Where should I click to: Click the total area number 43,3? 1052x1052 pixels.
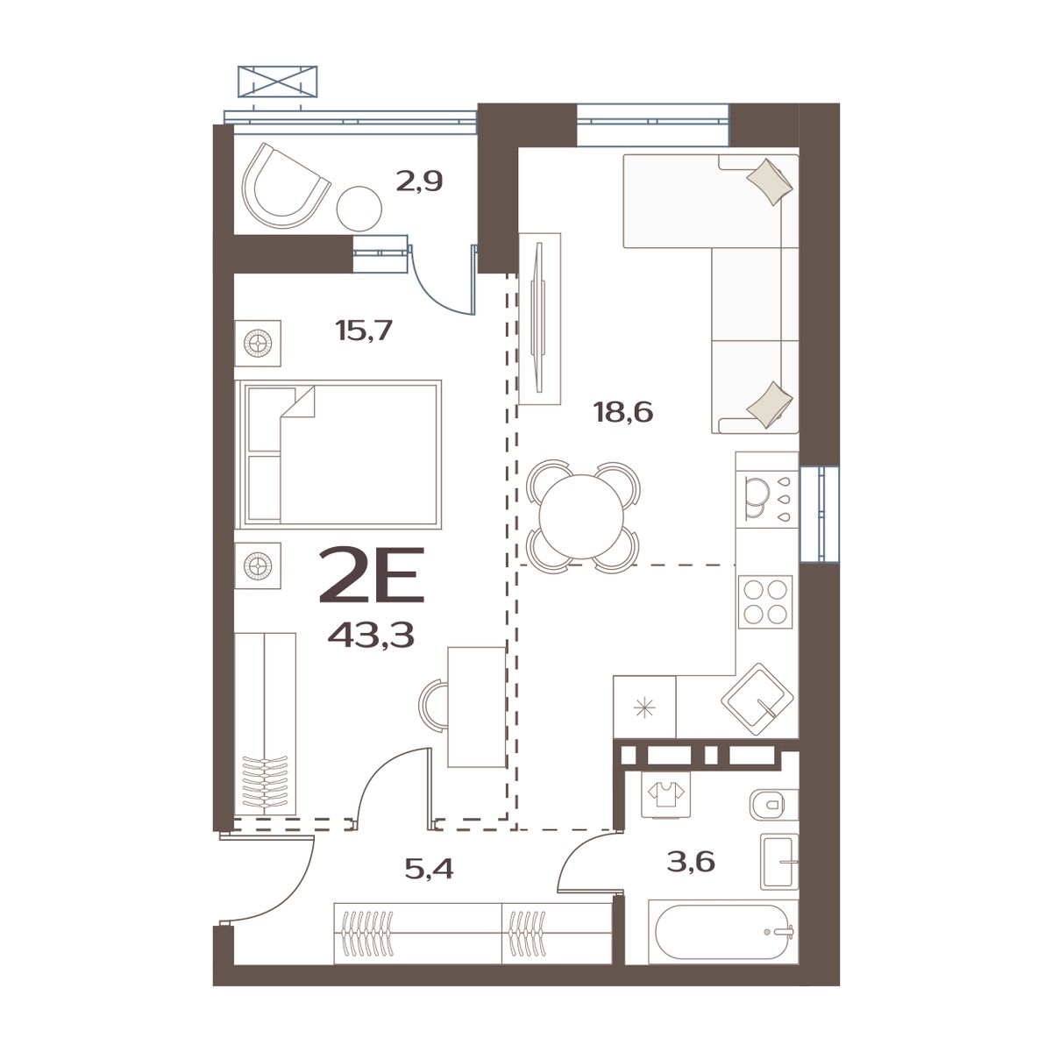371,633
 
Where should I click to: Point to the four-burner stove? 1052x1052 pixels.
765,601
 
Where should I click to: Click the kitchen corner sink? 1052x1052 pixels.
758,700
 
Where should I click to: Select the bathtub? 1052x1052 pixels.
721,934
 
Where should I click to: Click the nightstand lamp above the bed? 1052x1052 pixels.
258,343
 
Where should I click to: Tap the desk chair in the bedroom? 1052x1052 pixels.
432,703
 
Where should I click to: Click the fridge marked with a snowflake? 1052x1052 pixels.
645,707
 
